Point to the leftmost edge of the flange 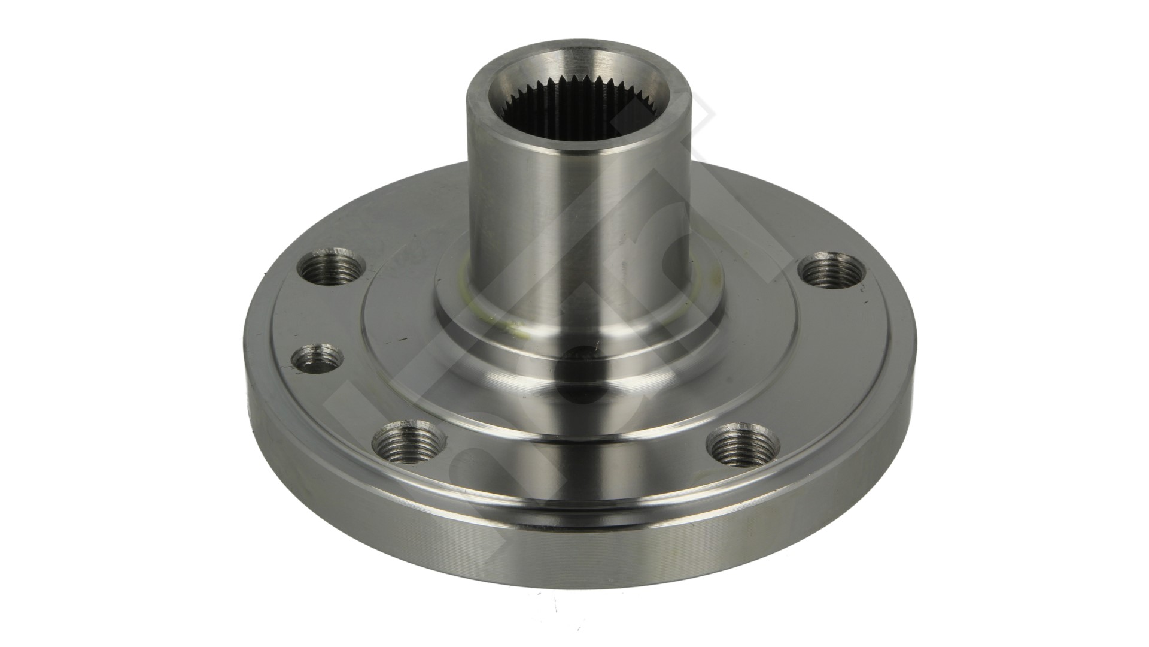pos(247,383)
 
